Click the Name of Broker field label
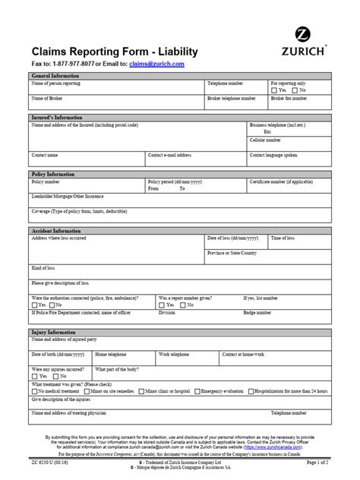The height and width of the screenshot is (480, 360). [x=47, y=99]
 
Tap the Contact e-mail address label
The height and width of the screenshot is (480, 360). [x=170, y=154]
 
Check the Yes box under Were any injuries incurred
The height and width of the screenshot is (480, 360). [x=33, y=376]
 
